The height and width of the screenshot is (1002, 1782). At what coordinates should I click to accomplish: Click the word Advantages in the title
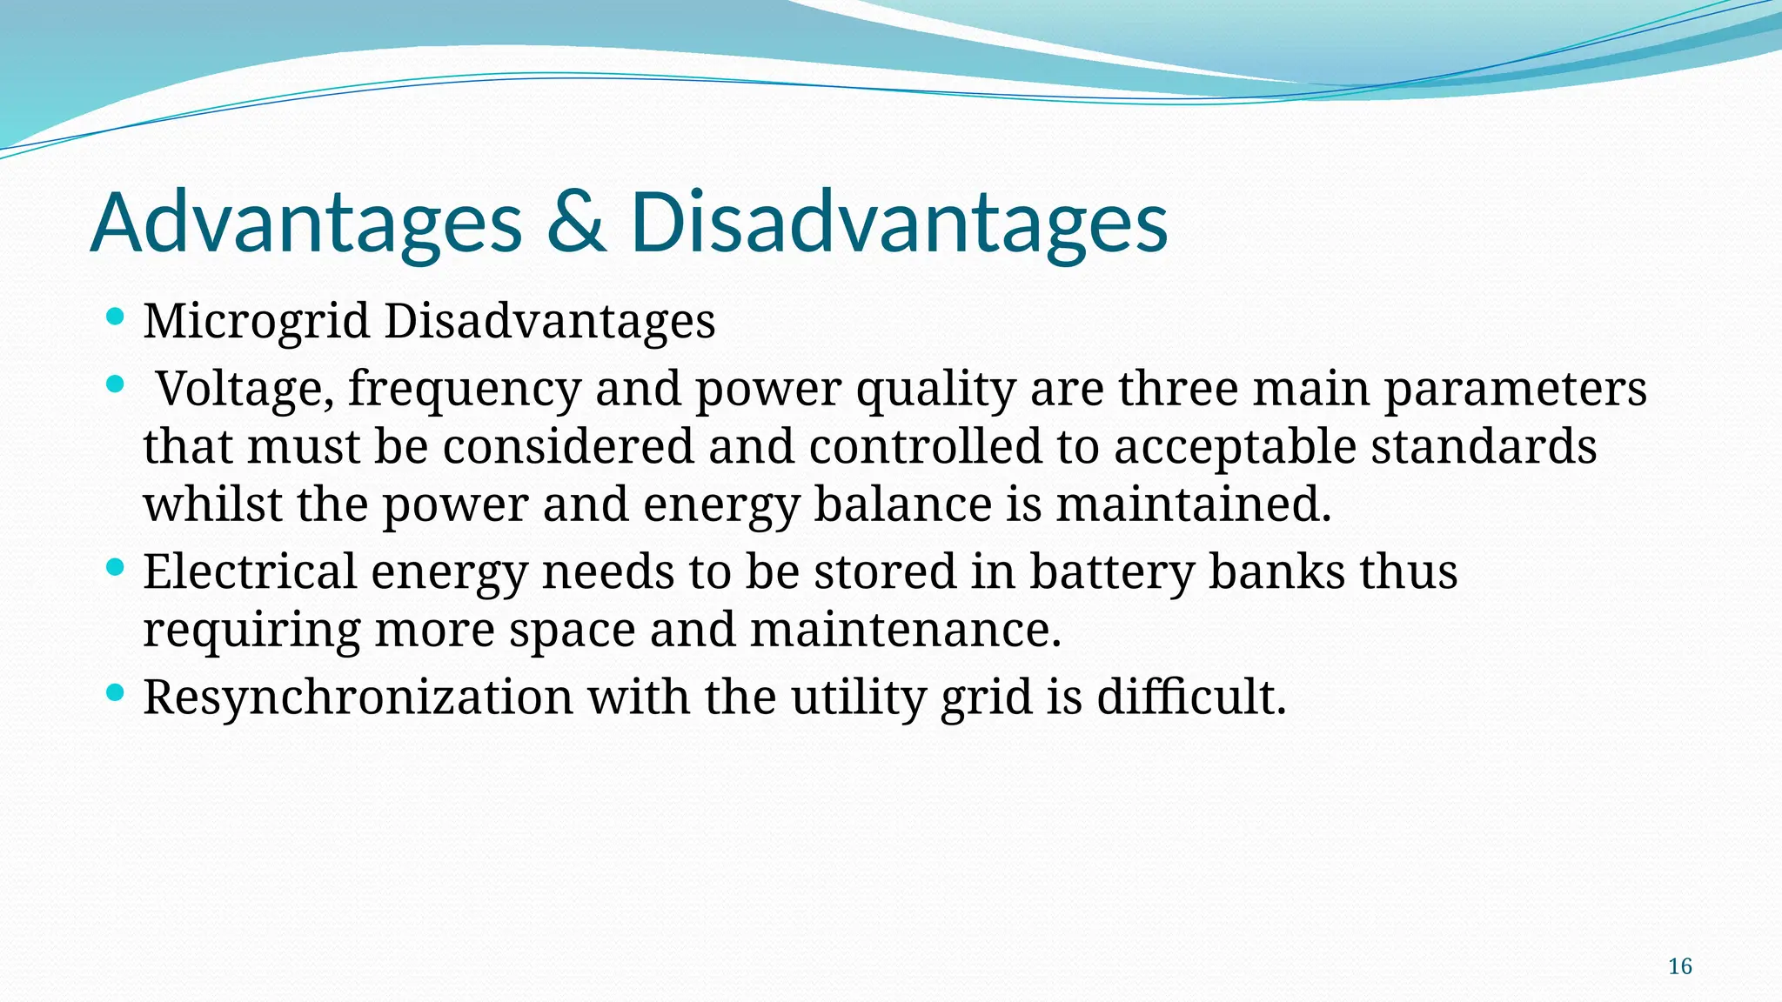tap(306, 224)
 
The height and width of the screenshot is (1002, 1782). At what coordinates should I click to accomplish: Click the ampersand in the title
tap(576, 224)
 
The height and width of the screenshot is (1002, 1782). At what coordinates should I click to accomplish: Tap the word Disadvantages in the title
tap(898, 224)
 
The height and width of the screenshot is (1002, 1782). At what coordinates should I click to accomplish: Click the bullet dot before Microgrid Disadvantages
tap(114, 317)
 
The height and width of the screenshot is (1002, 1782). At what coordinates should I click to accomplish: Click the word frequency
tap(464, 389)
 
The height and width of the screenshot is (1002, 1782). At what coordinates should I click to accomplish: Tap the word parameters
tap(1515, 389)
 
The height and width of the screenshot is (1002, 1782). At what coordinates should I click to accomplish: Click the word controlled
tap(925, 447)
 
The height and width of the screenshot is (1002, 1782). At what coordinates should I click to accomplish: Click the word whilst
tap(212, 504)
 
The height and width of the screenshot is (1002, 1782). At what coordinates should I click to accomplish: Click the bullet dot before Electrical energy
tap(114, 568)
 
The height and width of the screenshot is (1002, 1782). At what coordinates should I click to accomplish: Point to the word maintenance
tap(905, 630)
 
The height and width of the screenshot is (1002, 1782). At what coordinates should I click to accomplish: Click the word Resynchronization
tap(358, 698)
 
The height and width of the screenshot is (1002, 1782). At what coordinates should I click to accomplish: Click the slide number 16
tap(1679, 966)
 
